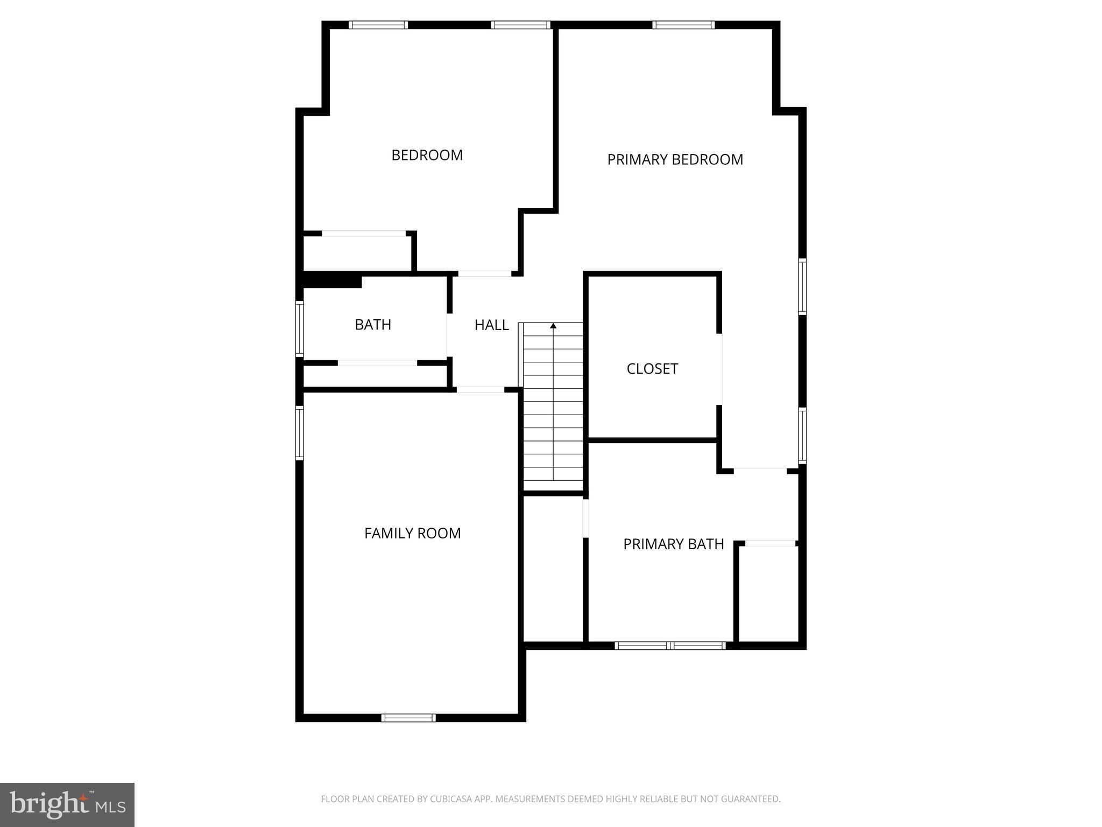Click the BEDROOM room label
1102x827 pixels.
click(x=427, y=155)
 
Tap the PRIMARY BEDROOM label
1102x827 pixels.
click(x=675, y=159)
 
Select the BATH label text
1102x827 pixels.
click(x=373, y=325)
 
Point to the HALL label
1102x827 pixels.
click(x=492, y=325)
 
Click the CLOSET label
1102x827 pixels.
click(x=652, y=369)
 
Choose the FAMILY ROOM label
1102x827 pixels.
click(x=413, y=533)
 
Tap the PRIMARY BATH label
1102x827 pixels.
click(x=674, y=544)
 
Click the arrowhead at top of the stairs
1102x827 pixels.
click(x=553, y=326)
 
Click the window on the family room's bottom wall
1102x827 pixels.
click(x=408, y=717)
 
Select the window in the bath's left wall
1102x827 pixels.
click(x=300, y=328)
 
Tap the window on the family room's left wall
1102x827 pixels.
click(x=300, y=433)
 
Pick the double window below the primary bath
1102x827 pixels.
click(x=670, y=646)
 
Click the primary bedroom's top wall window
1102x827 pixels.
click(x=683, y=25)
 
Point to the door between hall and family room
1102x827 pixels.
click(x=481, y=390)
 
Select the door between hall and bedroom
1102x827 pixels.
click(x=485, y=274)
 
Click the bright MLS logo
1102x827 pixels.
click(x=67, y=804)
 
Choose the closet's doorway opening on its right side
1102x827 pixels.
click(x=719, y=369)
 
